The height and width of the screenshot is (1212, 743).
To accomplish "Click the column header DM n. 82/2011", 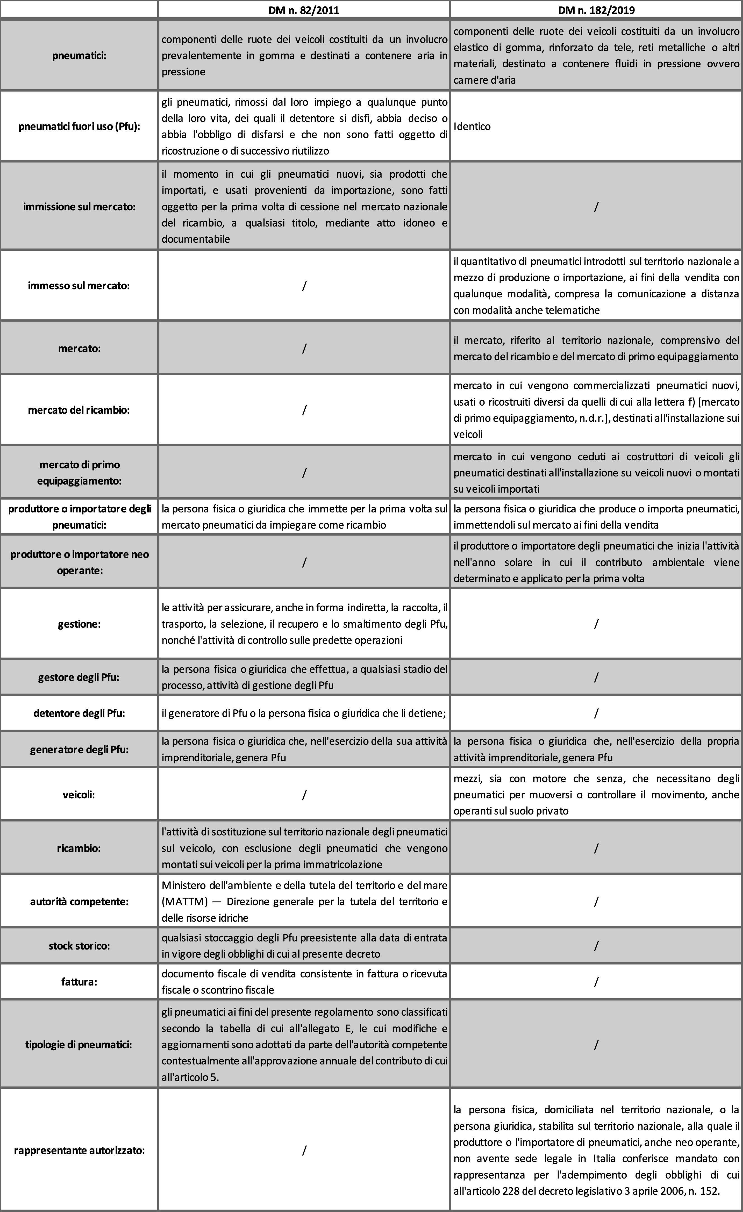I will point(304,9).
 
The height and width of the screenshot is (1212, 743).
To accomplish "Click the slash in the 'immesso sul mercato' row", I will point(304,285).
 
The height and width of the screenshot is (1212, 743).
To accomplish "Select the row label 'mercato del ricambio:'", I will point(79,410).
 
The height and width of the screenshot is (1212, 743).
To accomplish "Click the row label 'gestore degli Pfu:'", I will point(79,677).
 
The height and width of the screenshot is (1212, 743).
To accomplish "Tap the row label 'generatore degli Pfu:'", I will point(79,750).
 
